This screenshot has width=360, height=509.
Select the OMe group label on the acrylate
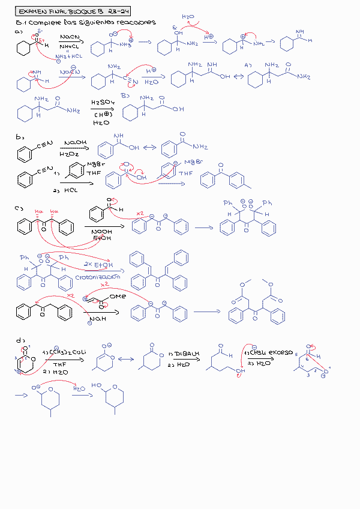[x=118, y=296]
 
